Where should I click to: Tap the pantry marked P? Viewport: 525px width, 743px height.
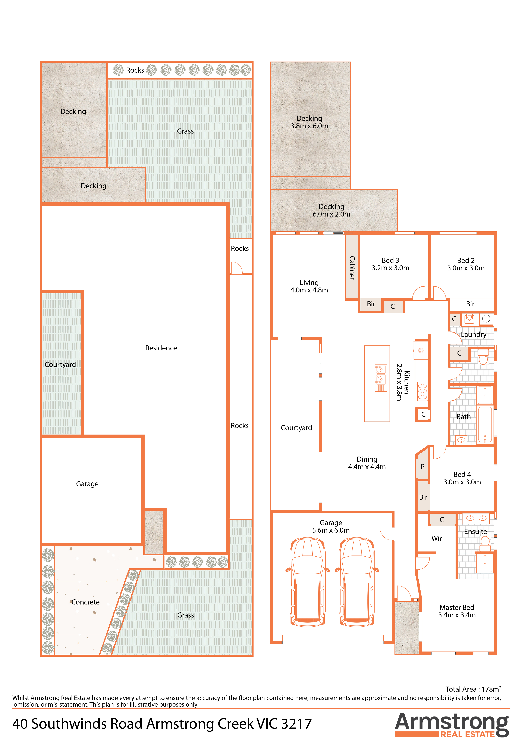(x=422, y=467)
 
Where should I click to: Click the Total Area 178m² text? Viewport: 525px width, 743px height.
(x=473, y=689)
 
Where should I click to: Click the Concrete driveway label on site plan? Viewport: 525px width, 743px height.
(x=85, y=602)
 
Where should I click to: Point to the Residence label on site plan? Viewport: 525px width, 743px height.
(x=161, y=348)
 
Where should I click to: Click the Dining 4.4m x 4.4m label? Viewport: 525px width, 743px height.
(x=367, y=463)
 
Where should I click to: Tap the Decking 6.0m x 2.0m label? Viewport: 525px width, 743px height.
(x=331, y=210)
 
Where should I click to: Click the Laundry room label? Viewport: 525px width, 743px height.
(x=474, y=335)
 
